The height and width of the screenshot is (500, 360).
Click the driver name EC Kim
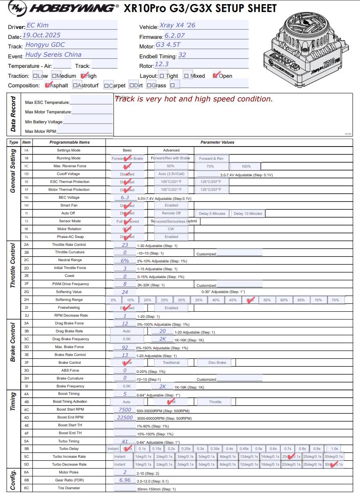37,25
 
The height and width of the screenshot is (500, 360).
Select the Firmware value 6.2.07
174,36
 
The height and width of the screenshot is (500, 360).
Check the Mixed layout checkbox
186,76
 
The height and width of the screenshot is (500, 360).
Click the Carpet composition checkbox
106,86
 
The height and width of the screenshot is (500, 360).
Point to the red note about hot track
193,99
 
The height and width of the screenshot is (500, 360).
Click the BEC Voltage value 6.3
125,197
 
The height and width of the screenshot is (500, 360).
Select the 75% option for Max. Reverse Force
210,166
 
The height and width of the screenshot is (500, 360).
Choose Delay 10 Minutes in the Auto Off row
248,214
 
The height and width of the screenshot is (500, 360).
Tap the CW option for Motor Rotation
171,229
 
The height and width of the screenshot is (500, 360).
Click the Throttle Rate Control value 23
125,245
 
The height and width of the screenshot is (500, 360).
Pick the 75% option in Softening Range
335,300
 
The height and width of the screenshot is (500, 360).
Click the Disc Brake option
217,363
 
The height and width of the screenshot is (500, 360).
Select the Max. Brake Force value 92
125,347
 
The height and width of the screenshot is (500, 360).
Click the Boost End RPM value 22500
125,418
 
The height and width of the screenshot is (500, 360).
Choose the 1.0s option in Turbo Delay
334,449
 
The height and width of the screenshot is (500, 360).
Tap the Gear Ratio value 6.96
125,480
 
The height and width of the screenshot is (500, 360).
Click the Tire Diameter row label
69,488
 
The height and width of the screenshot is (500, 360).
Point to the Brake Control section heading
13,342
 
